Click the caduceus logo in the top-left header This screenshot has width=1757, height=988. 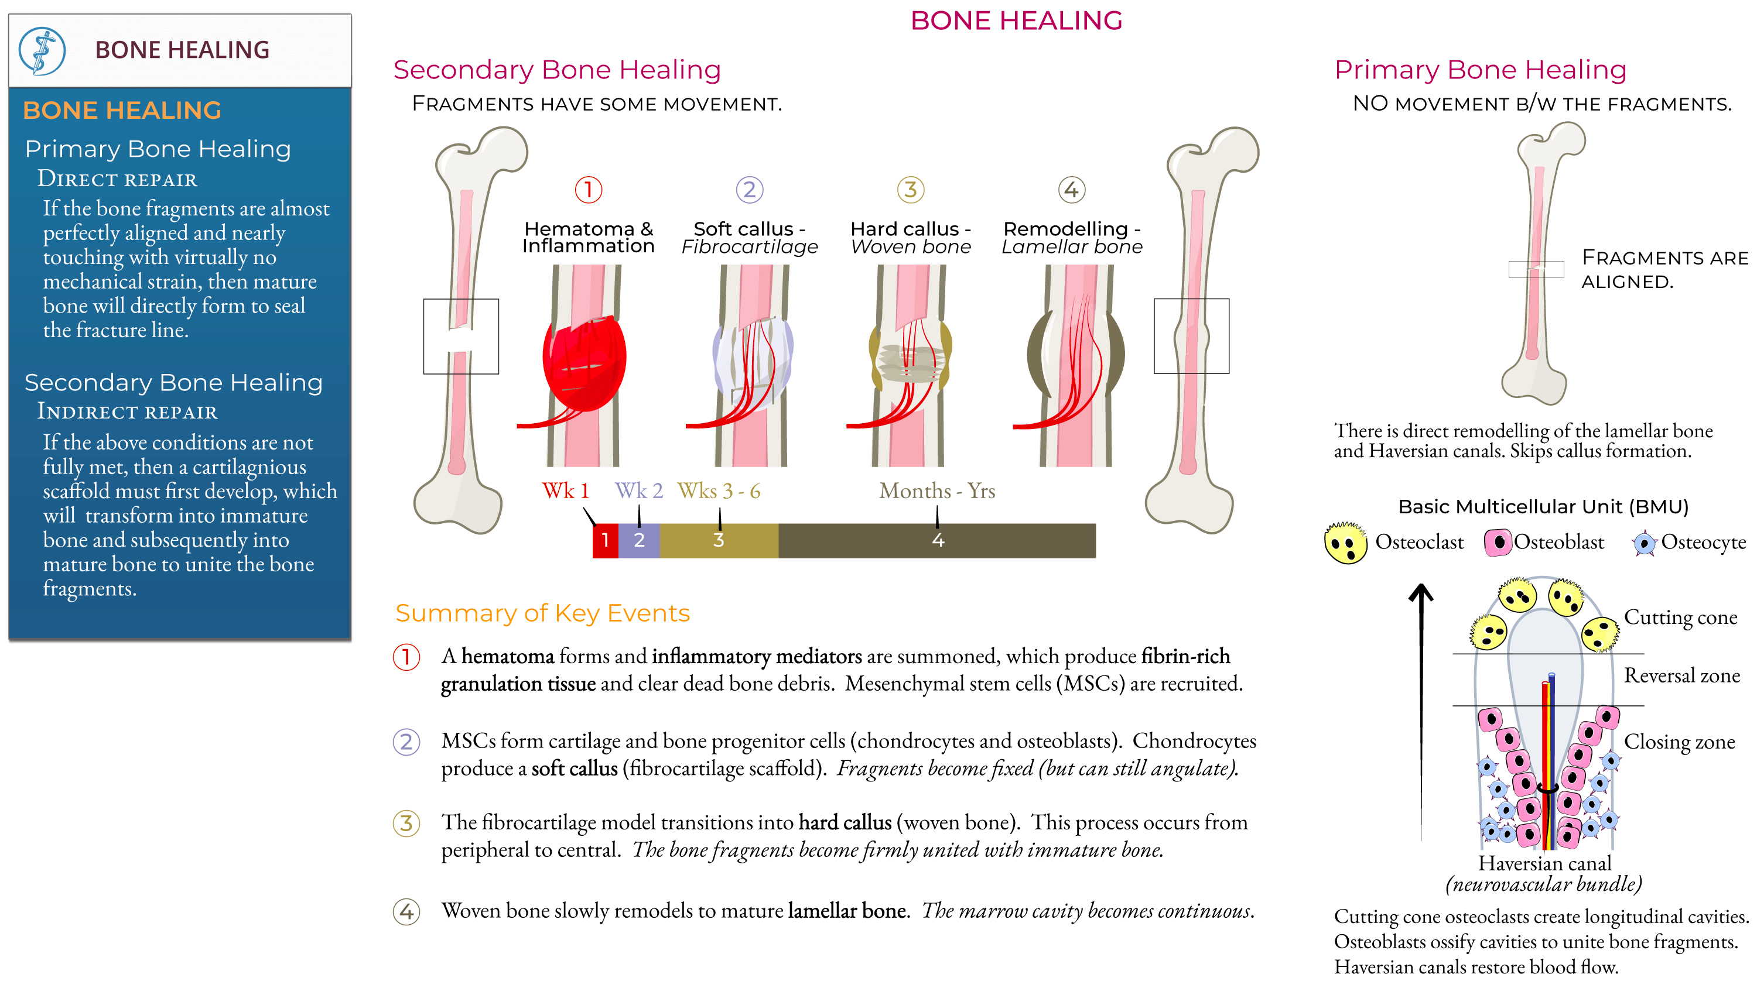(42, 50)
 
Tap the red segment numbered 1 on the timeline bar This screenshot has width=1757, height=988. (605, 540)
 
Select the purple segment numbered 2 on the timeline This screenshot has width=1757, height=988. (639, 540)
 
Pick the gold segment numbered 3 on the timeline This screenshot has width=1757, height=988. (718, 540)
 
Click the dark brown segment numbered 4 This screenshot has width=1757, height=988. (937, 540)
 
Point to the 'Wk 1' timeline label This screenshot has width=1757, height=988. (565, 490)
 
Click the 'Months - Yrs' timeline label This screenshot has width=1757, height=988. (936, 490)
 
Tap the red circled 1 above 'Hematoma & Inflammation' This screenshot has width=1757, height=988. (588, 190)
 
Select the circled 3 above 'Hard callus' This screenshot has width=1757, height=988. (910, 190)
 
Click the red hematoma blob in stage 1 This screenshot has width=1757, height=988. (584, 361)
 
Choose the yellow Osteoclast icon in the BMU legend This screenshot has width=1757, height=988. (1345, 543)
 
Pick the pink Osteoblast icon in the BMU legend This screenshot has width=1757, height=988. (1497, 543)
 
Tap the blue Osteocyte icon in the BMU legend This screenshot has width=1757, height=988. (1645, 543)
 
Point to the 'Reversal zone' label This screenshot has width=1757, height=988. (1681, 675)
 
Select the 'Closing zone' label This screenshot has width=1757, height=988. (1679, 741)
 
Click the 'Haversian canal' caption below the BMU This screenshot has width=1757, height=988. (1544, 863)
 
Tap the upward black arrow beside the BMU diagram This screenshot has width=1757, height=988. (1421, 709)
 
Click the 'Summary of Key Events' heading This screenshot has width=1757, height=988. (542, 613)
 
